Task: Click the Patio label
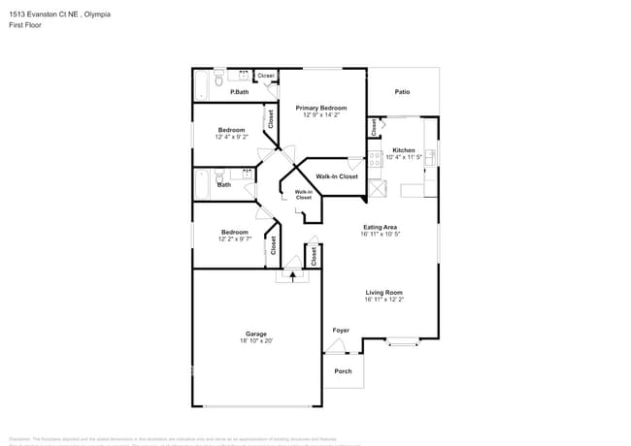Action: click(402, 92)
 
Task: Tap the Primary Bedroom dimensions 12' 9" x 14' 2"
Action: click(321, 115)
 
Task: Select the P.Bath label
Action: click(239, 92)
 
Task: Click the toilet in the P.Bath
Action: click(219, 75)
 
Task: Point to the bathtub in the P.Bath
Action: click(202, 85)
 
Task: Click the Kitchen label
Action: click(403, 149)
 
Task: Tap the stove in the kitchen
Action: click(374, 162)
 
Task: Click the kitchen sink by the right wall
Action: click(430, 154)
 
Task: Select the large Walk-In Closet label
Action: click(336, 176)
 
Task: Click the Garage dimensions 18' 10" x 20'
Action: click(256, 340)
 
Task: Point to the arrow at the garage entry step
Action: click(292, 275)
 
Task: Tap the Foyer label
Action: click(341, 331)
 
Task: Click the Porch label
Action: click(343, 371)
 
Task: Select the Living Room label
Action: click(383, 292)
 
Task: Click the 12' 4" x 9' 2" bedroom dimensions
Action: click(231, 137)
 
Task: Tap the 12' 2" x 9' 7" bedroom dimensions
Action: click(234, 239)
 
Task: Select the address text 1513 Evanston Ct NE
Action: click(40, 15)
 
